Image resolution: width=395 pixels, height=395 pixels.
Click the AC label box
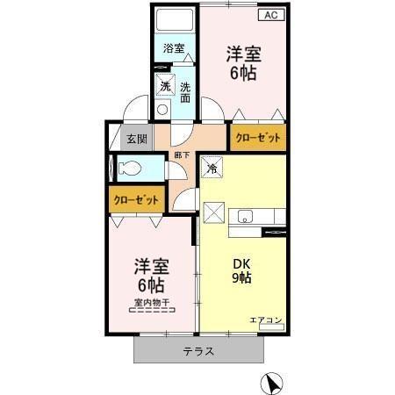point(269,14)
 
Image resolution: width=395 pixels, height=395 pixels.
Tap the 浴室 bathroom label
point(174,49)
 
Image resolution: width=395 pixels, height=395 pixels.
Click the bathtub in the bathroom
point(174,22)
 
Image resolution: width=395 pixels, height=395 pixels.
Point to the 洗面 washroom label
point(186,91)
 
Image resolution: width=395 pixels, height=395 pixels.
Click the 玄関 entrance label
point(136,139)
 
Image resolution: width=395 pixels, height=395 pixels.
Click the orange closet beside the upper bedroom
point(257,138)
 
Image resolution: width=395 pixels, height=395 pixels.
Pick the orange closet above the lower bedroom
point(135,199)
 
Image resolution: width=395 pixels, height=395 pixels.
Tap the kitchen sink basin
point(244,216)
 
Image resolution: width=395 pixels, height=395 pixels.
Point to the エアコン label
point(265,321)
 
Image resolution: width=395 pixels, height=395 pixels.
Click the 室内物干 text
point(152,304)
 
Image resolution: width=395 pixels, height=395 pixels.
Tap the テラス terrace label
point(198,350)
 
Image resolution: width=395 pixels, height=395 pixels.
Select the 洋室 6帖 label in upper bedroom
point(242,63)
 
